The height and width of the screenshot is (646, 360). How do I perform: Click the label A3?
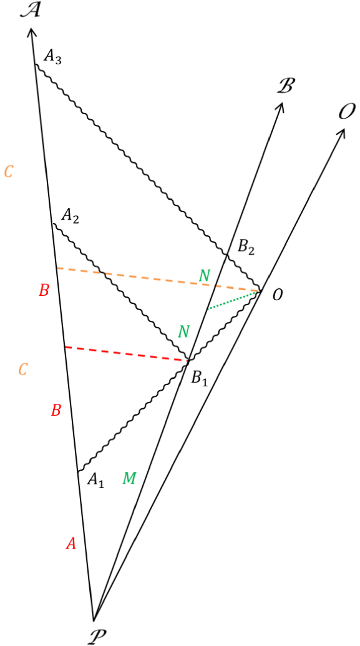tap(53, 59)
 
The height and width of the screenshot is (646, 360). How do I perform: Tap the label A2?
tap(71, 216)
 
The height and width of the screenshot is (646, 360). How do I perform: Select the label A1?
tap(95, 479)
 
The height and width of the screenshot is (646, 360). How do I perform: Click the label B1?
tap(199, 378)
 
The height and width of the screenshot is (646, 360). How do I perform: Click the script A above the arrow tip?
tap(30, 11)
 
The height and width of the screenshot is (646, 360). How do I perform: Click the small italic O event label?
tap(276, 295)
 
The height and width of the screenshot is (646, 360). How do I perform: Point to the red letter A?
tap(71, 544)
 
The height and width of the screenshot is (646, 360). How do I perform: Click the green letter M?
tap(129, 479)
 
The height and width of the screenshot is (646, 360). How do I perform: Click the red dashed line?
tap(125, 353)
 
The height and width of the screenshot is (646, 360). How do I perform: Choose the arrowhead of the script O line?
tap(342, 134)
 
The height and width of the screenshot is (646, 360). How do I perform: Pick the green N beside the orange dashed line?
tap(205, 275)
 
